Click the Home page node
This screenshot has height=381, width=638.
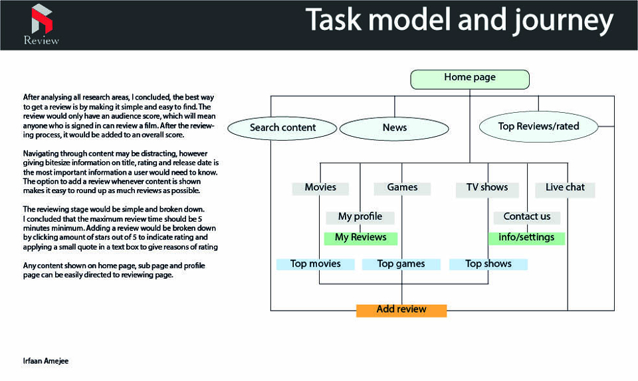[x=470, y=79]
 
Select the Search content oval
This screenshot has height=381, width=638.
[x=282, y=128]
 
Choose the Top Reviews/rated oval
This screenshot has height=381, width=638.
[x=538, y=127]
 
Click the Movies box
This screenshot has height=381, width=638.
[x=320, y=189]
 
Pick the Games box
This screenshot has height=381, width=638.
[x=402, y=189]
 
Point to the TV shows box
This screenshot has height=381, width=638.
[x=487, y=189]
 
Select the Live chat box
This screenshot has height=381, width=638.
[x=565, y=189]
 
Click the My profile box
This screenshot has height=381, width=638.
[x=360, y=218]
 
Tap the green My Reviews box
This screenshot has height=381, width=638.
[x=360, y=238]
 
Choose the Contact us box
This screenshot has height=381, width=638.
[x=527, y=218]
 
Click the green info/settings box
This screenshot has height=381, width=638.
[x=526, y=238]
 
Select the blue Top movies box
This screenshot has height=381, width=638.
[x=315, y=264]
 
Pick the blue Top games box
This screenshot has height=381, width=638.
[x=401, y=264]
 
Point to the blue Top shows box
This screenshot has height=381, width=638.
[x=488, y=264]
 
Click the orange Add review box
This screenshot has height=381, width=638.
[x=401, y=311]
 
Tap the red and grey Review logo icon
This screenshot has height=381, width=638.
[x=42, y=19]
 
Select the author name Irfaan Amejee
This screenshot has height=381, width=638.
[x=46, y=361]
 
